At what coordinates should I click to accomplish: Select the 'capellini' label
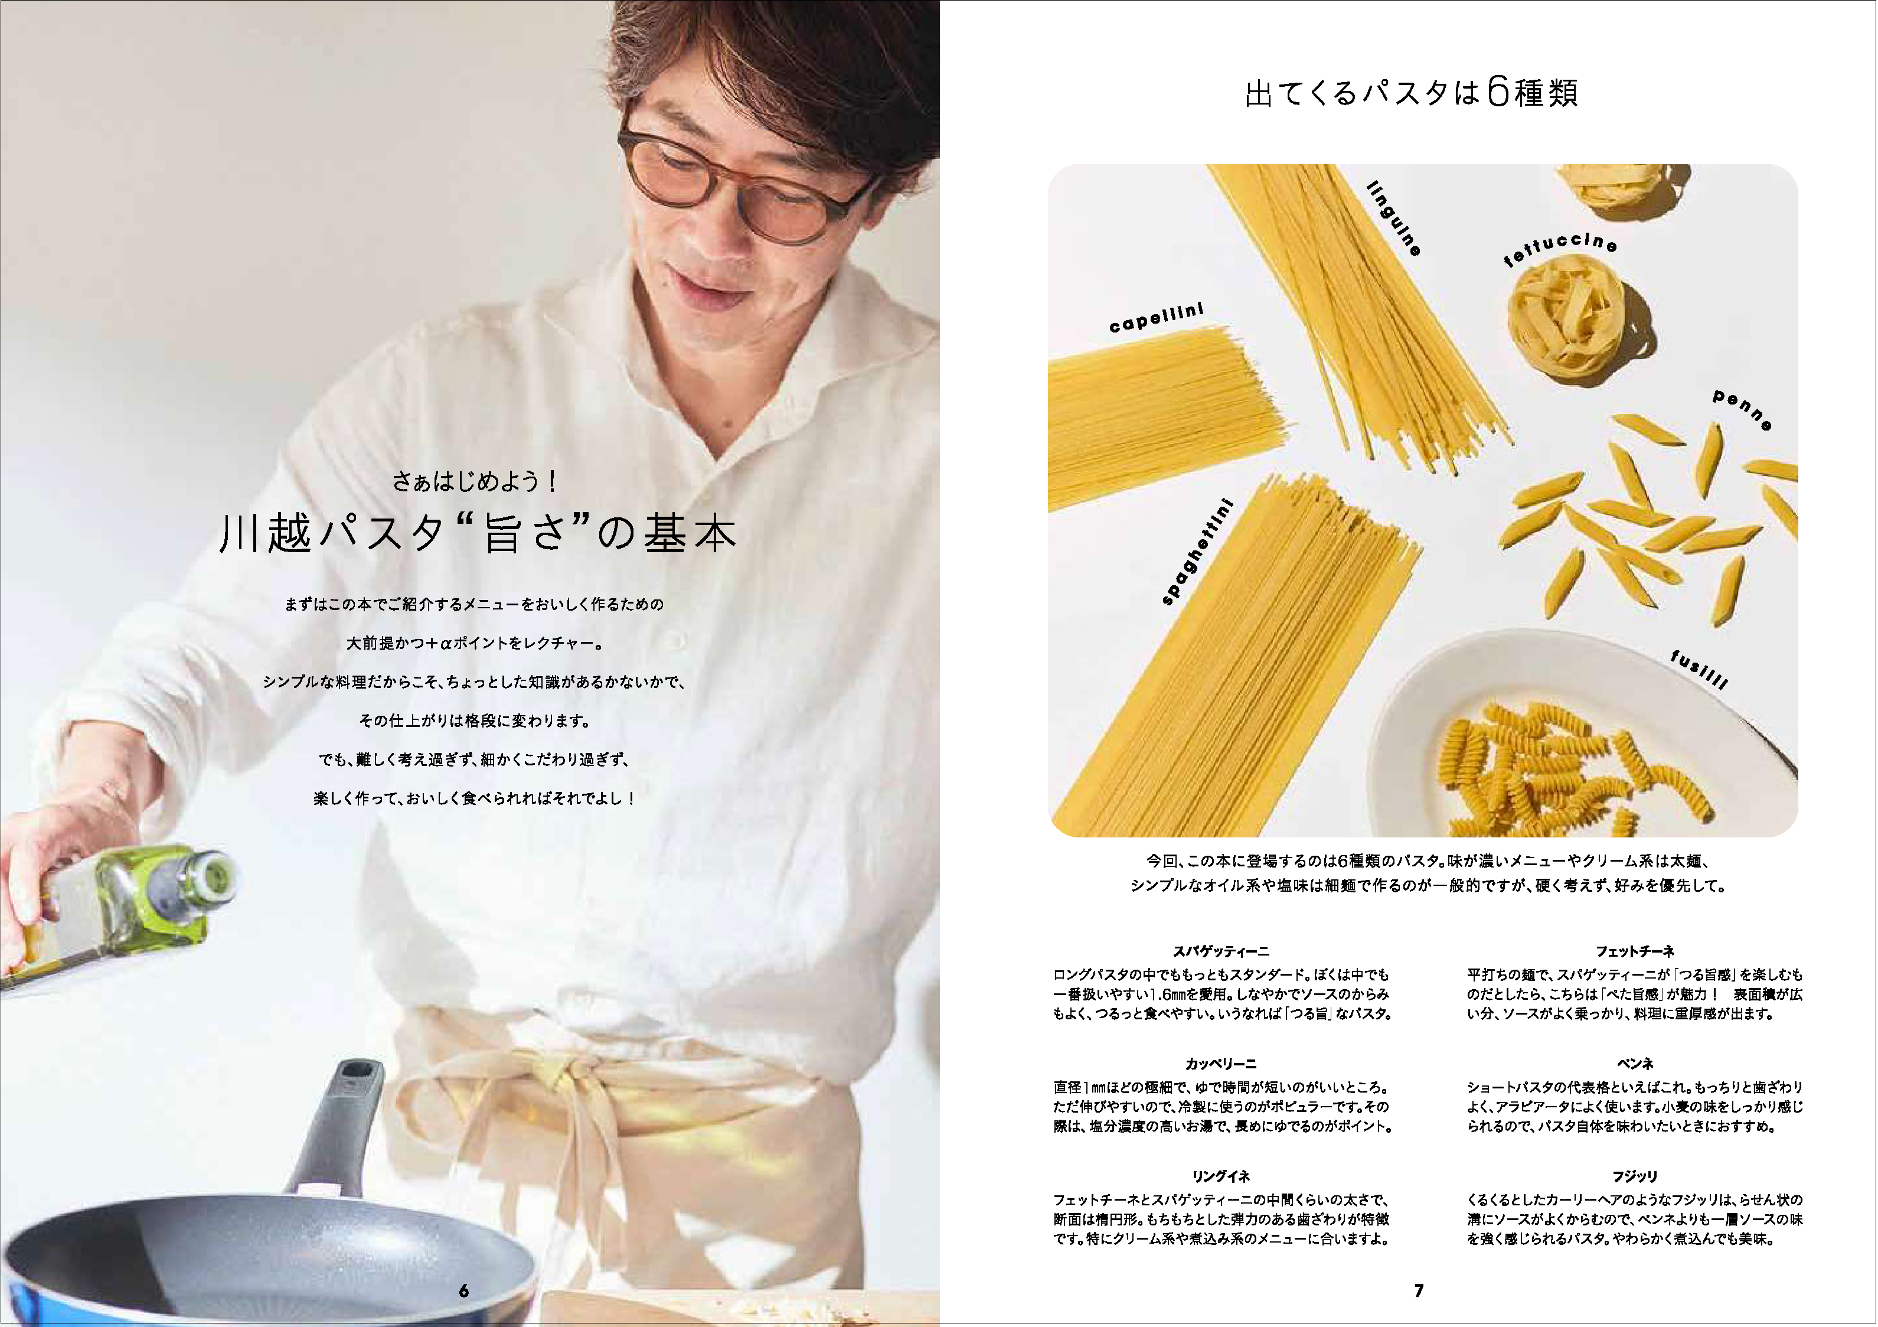point(1157,318)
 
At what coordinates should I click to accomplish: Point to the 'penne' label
point(1742,410)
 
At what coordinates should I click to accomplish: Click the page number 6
point(464,1290)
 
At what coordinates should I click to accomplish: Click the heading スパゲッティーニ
point(1220,951)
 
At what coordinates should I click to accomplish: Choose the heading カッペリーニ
point(1220,1064)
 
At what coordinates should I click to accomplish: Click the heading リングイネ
point(1220,1176)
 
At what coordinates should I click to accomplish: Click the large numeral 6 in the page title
point(1498,93)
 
